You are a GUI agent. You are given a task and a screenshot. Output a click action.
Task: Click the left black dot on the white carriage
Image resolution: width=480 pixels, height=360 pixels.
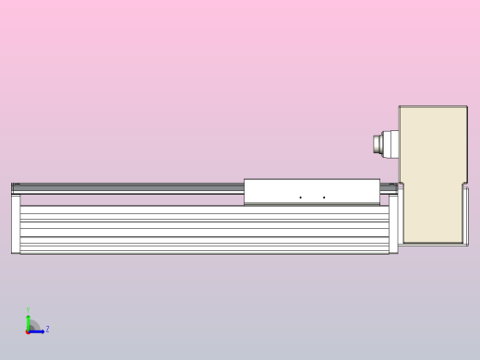pyautogui.click(x=300, y=197)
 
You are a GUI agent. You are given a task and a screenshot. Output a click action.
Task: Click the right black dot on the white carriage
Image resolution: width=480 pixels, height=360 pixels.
pyautogui.click(x=324, y=197)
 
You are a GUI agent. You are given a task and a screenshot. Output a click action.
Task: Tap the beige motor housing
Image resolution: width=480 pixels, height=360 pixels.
pyautogui.click(x=432, y=166)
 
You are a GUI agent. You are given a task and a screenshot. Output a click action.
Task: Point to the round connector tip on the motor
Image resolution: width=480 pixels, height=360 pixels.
pyautogui.click(x=376, y=144)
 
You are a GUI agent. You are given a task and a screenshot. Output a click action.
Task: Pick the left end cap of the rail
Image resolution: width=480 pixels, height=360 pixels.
pyautogui.click(x=16, y=222)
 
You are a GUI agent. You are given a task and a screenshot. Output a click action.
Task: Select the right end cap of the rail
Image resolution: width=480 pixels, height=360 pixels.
pyautogui.click(x=394, y=222)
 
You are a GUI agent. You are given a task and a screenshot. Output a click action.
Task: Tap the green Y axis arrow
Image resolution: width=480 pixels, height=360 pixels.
pyautogui.click(x=28, y=318)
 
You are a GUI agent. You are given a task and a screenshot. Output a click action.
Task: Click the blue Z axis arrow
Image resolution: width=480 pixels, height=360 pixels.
pyautogui.click(x=38, y=330)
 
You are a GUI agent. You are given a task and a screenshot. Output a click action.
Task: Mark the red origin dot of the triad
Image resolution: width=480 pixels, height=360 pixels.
pyautogui.click(x=28, y=330)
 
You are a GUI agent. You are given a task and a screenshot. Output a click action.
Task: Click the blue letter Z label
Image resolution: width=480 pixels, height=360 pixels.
pyautogui.click(x=47, y=329)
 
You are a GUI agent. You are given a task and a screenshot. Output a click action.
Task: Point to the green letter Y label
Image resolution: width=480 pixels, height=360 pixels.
pyautogui.click(x=28, y=310)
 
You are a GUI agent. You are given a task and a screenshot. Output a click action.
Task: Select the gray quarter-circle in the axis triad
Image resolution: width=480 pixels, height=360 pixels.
pyautogui.click(x=32, y=325)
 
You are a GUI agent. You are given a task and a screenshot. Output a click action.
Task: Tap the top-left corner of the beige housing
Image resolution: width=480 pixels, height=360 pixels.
pyautogui.click(x=401, y=108)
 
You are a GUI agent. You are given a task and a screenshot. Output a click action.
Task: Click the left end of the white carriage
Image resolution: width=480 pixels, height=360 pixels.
pyautogui.click(x=246, y=191)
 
